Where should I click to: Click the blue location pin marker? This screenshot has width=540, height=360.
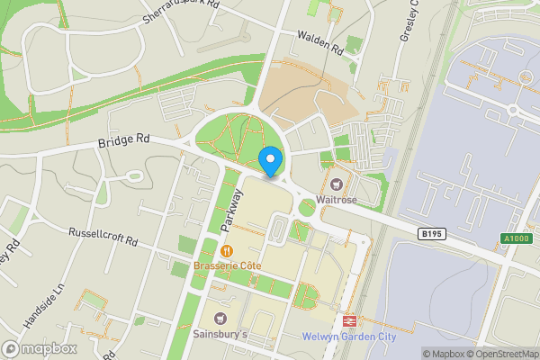tap(270, 162)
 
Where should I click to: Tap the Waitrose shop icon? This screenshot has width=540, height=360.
tap(342, 172)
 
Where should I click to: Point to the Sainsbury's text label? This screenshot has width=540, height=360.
tap(220, 335)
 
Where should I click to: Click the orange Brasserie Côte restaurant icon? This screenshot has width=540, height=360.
tap(228, 251)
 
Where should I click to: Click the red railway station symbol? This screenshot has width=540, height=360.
tap(348, 319)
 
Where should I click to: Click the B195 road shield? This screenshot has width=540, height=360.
tap(432, 233)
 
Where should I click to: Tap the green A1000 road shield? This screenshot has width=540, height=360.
tap(515, 238)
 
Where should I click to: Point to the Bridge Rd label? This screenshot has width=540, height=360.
tap(122, 142)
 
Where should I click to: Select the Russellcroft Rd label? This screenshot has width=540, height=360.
tap(103, 237)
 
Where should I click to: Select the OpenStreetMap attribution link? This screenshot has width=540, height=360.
tap(498, 354)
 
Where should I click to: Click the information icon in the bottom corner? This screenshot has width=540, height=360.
tap(413, 354)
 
